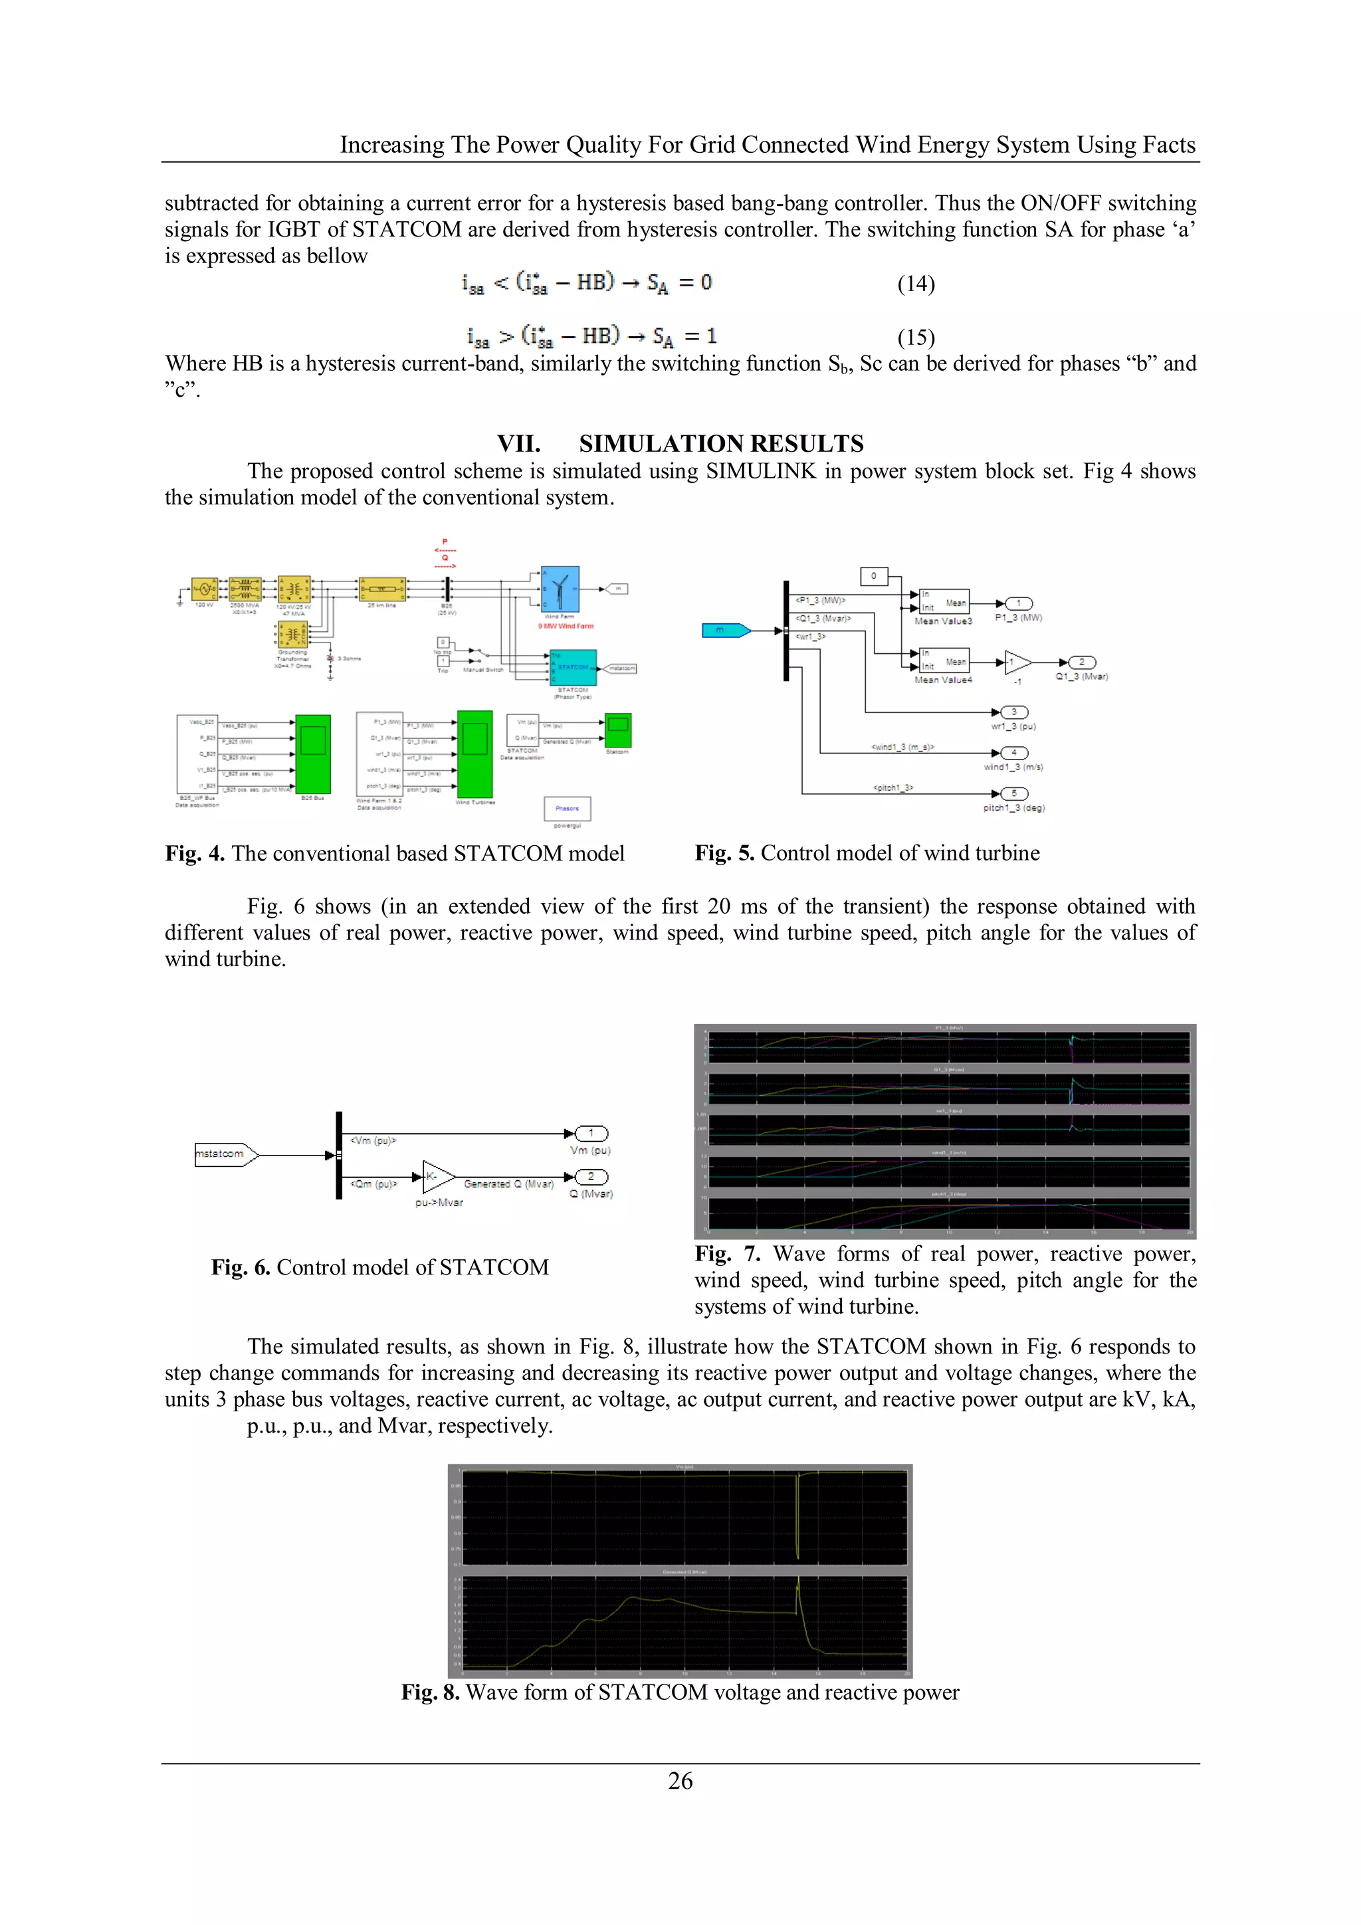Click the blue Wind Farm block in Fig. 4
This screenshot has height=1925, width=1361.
(x=560, y=589)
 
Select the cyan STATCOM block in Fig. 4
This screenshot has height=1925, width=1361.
(x=574, y=667)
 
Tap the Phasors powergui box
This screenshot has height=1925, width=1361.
(x=567, y=808)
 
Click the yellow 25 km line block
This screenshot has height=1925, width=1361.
(x=382, y=589)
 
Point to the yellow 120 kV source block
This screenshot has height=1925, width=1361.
(x=204, y=589)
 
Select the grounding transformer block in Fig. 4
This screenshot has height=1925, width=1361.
(x=292, y=635)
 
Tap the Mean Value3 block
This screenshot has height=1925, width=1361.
(x=944, y=603)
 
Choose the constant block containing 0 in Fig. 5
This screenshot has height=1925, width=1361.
(x=873, y=576)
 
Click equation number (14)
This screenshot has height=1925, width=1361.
(x=916, y=284)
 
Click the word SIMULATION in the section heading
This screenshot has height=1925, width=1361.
(x=650, y=443)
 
